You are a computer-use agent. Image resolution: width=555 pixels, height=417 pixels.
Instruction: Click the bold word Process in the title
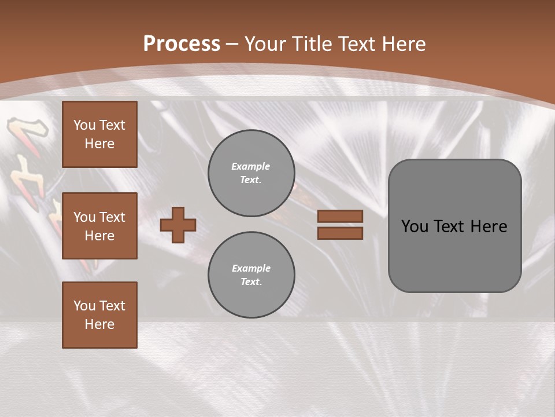[x=182, y=44]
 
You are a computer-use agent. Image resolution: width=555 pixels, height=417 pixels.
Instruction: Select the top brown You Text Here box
[x=99, y=134]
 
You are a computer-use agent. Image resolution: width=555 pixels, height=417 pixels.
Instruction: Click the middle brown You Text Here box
[x=99, y=226]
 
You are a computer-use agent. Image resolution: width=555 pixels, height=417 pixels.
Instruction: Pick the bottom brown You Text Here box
[x=99, y=315]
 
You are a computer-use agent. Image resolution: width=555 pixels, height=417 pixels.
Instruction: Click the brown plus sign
[x=178, y=225]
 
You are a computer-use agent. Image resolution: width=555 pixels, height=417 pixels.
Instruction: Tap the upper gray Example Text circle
[x=251, y=173]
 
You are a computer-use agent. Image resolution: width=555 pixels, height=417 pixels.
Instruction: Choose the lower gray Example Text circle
[x=251, y=275]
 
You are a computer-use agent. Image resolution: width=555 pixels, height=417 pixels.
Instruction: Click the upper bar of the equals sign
[x=340, y=217]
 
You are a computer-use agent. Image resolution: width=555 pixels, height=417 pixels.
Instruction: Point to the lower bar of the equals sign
[x=340, y=233]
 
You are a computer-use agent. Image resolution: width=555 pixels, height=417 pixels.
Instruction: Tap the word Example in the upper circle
[x=250, y=166]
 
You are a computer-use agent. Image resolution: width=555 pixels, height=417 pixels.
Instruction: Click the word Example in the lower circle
[x=251, y=268]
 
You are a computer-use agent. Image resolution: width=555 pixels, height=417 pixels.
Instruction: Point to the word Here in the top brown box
[x=99, y=144]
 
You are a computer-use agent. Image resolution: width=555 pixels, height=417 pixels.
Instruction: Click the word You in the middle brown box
[x=84, y=217]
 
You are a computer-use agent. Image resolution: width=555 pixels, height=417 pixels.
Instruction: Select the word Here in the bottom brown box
[x=99, y=324]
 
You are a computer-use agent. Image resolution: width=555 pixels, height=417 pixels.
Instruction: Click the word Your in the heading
[x=265, y=44]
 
